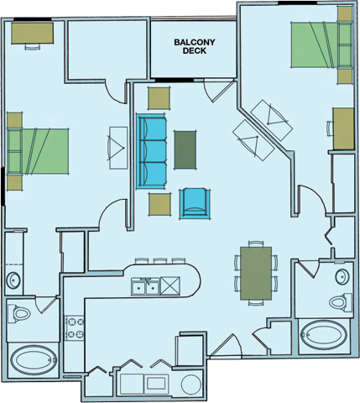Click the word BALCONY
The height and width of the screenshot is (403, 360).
tap(191, 41)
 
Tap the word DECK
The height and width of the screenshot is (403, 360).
tap(194, 51)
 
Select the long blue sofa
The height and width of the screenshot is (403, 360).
tap(152, 151)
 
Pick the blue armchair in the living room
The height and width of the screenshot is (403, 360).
tap(195, 201)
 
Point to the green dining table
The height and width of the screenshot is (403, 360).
tap(255, 272)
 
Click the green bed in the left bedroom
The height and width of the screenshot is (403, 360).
tap(38, 149)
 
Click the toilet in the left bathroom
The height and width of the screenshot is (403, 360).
tap(19, 313)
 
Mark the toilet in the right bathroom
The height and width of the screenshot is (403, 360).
tap(339, 302)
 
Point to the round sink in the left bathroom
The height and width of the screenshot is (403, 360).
tap(14, 280)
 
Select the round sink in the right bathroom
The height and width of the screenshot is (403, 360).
tap(342, 276)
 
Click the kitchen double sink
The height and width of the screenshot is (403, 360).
tap(147, 288)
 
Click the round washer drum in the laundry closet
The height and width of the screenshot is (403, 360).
tap(190, 385)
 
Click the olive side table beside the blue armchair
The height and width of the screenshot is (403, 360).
tap(159, 202)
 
